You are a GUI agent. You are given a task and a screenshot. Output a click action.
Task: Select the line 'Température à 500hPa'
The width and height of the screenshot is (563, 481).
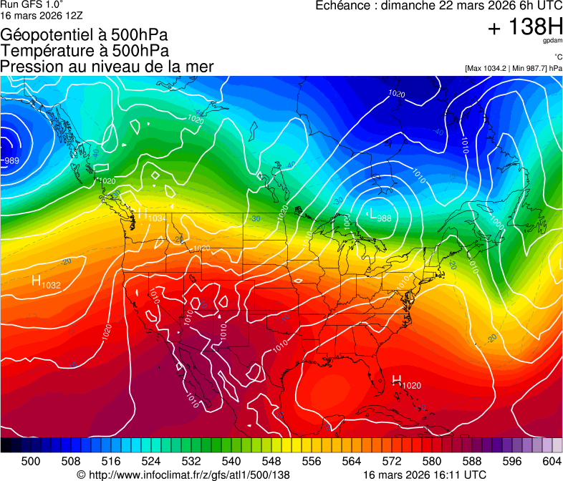point(85,51)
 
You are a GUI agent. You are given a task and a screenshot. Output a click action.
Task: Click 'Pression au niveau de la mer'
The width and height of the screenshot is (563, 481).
point(107,67)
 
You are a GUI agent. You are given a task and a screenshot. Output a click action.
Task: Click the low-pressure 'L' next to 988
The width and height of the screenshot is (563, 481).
point(372,213)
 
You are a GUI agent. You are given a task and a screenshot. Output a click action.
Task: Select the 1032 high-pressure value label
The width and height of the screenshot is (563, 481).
point(52,285)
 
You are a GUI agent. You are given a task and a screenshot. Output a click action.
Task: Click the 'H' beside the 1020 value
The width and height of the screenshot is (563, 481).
point(396,380)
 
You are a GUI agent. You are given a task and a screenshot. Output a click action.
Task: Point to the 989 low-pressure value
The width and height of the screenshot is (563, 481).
point(11,161)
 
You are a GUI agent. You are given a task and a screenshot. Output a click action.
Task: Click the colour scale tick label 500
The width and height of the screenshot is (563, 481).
point(31,461)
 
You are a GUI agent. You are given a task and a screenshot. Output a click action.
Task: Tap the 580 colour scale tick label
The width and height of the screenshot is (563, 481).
point(432,461)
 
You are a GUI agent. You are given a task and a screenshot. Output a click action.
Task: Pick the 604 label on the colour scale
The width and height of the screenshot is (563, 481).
point(552,461)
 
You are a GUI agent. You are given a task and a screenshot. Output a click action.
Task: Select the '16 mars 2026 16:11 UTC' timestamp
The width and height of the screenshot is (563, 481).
point(425,475)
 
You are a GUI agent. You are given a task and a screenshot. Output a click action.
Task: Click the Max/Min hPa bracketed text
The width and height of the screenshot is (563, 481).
point(513,68)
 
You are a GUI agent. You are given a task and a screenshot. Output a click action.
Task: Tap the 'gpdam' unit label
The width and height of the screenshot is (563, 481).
point(553,42)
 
